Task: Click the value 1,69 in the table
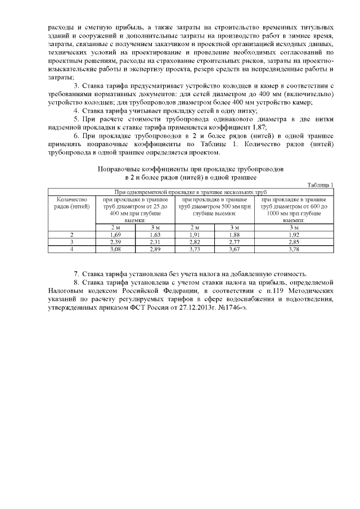(x=115, y=235)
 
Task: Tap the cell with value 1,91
(x=194, y=235)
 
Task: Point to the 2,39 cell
(x=115, y=242)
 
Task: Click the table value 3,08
(x=115, y=249)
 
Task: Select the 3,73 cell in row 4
(x=194, y=249)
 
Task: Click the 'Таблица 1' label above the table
(x=320, y=185)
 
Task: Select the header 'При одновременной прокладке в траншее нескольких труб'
(x=191, y=192)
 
